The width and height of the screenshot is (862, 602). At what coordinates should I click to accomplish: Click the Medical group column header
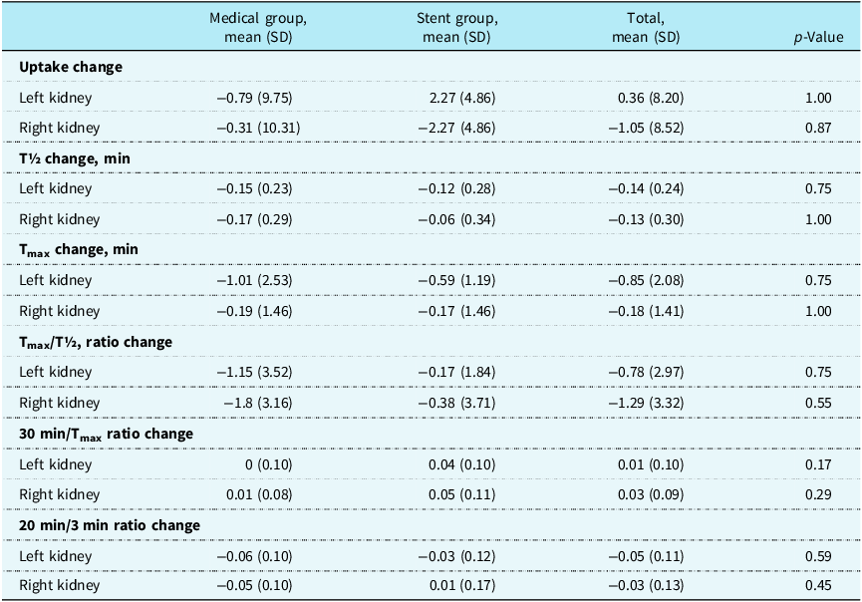coord(258,28)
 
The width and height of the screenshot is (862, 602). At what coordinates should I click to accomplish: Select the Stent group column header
coord(456,28)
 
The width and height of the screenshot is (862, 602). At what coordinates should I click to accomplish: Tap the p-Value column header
coord(818,38)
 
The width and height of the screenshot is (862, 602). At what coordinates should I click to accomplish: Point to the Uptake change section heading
coord(71,67)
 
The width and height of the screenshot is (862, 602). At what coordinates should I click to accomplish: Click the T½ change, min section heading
coord(75,158)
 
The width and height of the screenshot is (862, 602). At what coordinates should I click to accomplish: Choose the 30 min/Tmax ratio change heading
coord(106,434)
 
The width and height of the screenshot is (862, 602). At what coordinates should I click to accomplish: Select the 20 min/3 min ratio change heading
coord(110,525)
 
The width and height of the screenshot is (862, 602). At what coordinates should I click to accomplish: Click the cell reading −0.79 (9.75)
coord(254,98)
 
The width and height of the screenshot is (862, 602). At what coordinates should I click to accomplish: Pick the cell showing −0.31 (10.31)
coord(258,129)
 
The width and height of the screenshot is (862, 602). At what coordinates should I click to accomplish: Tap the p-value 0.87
coord(818,129)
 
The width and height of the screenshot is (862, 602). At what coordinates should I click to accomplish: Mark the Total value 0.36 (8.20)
coord(651,98)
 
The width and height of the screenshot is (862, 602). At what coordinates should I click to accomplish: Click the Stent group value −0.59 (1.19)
coord(456,280)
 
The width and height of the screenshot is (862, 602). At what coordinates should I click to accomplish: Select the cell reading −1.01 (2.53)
coord(254,280)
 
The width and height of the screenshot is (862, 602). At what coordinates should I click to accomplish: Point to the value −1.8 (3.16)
coord(258,403)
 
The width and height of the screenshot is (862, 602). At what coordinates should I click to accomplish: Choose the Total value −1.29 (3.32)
coord(646,403)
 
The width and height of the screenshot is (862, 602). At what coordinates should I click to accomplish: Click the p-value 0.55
coord(818,403)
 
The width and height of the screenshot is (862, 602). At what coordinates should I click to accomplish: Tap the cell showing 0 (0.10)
coord(268,464)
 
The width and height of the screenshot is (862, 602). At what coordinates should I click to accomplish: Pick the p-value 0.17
coord(818,464)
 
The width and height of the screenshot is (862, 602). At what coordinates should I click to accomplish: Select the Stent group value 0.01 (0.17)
coord(462,585)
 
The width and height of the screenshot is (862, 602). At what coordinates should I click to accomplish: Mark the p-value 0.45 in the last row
coord(818,585)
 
